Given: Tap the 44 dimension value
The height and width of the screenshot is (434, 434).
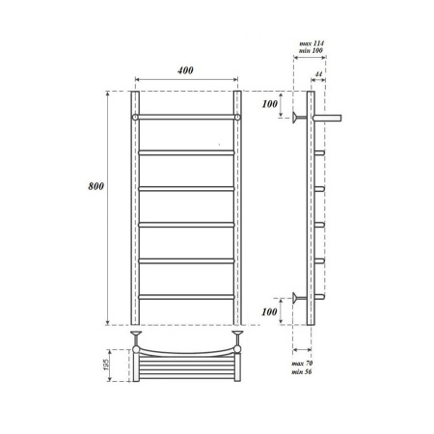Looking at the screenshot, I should tap(319, 73).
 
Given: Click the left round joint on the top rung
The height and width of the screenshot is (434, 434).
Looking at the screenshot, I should tap(136, 117).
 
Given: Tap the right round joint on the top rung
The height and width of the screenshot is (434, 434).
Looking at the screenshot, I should tap(236, 117).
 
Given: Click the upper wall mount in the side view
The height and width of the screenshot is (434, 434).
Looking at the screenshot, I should tap(294, 118).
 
